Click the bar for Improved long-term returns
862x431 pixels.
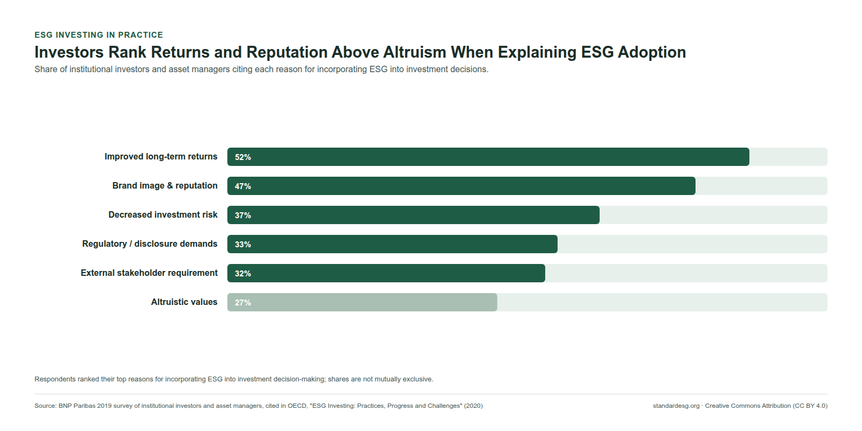pos(488,157)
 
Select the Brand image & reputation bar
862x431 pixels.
pos(461,186)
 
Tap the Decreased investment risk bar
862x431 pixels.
pos(413,215)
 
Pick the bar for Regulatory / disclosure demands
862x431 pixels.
pos(393,244)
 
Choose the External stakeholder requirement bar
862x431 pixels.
pos(386,273)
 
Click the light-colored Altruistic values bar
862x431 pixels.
pos(362,302)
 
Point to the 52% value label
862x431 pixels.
pos(243,157)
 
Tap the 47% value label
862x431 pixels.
pos(243,186)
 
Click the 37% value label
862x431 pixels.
pos(243,215)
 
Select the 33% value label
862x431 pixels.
pos(243,245)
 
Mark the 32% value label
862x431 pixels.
pos(243,274)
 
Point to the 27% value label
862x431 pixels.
pos(243,302)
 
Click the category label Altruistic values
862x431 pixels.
pos(184,302)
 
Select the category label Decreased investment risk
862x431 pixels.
pos(163,215)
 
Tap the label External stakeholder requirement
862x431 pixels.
pos(149,273)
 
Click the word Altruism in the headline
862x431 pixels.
pos(415,52)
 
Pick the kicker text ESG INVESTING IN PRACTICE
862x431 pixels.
pos(99,35)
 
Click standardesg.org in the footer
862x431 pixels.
pos(676,406)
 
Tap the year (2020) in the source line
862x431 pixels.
pos(474,406)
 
